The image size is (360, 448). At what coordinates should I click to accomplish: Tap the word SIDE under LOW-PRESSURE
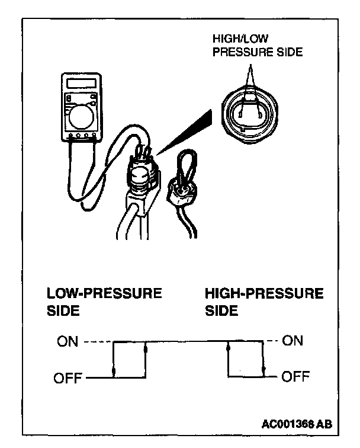coord(63,311)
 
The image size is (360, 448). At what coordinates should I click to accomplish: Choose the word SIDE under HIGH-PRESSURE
coord(221,311)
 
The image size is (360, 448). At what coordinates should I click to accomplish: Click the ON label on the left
coord(69,342)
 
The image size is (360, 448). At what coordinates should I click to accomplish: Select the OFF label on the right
coord(294,376)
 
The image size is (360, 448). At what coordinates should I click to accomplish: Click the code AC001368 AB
coord(297,424)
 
